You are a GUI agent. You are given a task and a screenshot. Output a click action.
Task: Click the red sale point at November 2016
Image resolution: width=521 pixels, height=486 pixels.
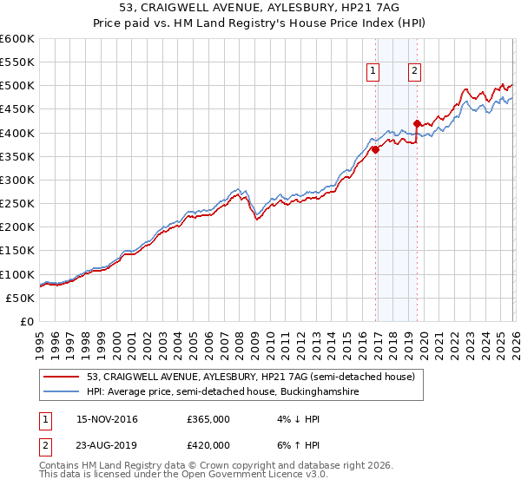click(x=376, y=149)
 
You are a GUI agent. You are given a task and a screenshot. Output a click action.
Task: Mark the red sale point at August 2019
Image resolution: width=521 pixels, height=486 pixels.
click(x=418, y=123)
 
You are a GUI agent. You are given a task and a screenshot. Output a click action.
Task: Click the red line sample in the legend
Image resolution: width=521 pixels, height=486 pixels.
click(x=62, y=377)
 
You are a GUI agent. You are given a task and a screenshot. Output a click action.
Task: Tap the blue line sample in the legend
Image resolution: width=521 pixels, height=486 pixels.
click(x=62, y=391)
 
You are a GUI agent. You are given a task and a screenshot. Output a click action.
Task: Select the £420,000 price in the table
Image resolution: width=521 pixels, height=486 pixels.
click(x=208, y=444)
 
